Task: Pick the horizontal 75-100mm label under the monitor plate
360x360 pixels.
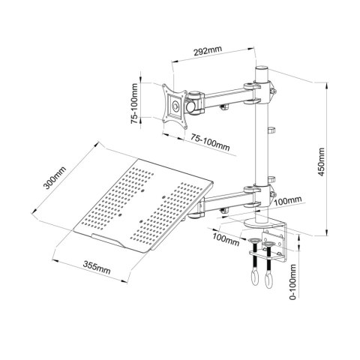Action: pos(209,142)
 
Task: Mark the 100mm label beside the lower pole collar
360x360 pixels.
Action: pos(288,200)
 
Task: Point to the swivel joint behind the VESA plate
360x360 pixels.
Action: pos(196,101)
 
